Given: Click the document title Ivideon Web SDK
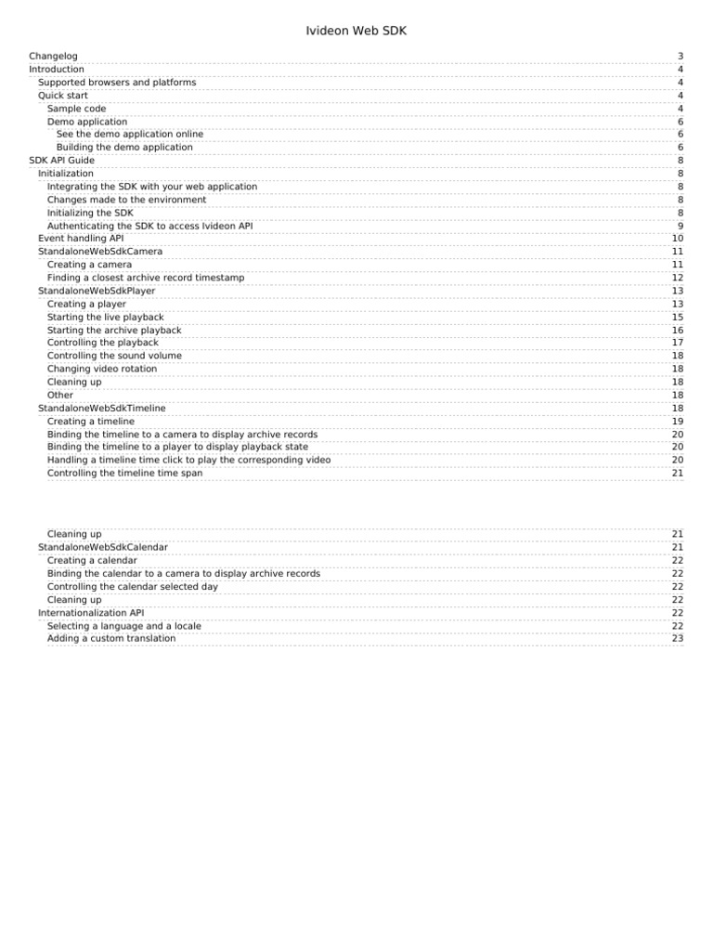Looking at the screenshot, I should [x=356, y=32].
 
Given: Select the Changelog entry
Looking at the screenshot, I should [x=53, y=57].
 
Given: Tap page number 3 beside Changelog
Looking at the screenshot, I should [x=680, y=57].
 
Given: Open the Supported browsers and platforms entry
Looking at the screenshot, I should [x=117, y=83].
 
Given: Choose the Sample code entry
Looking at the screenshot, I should [x=76, y=109].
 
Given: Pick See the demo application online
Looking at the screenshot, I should [x=129, y=135].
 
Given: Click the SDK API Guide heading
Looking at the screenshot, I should [x=61, y=161].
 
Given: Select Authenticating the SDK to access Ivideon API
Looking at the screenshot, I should [x=149, y=226].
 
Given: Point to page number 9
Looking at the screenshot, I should [x=680, y=226].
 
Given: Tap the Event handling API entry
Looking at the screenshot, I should [x=81, y=239].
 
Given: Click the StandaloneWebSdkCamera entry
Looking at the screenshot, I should [x=100, y=252].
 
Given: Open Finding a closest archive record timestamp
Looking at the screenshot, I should [x=146, y=278].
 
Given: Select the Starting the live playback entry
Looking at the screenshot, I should [x=105, y=318].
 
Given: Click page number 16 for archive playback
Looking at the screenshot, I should [x=678, y=331].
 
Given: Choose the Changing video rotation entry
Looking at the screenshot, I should [x=102, y=369].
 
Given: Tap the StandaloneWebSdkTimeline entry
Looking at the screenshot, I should [x=102, y=408].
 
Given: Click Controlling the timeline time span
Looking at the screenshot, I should [x=124, y=473].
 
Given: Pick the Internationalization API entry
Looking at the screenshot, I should [x=91, y=613].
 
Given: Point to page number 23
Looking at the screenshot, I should [x=678, y=639].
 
